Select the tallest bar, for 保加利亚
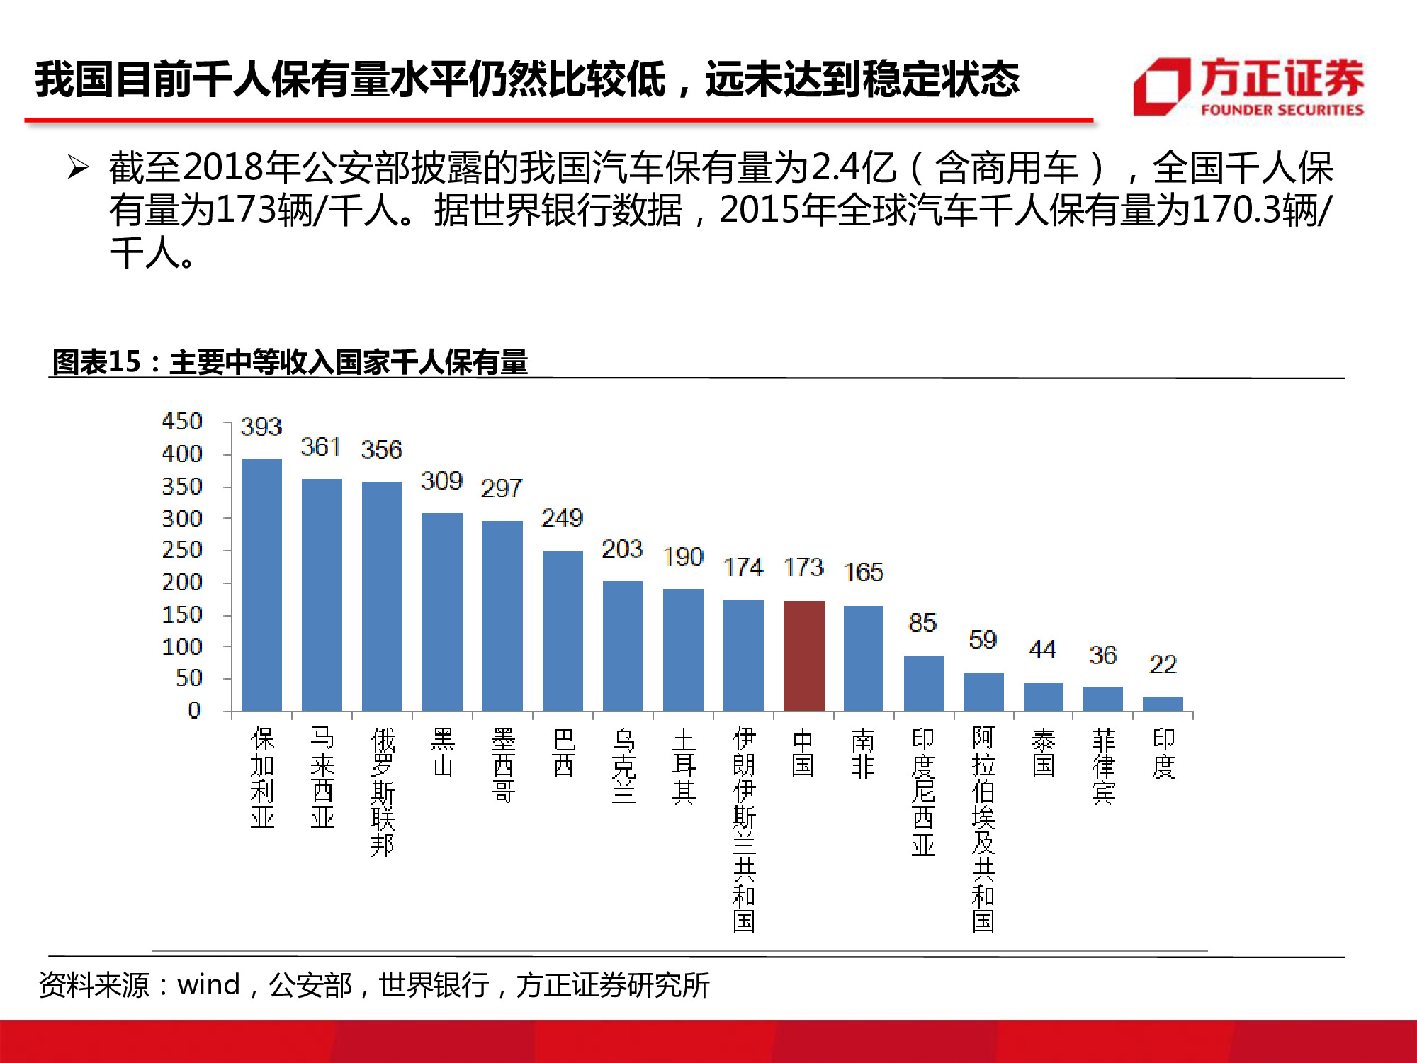click(261, 585)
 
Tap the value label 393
click(261, 427)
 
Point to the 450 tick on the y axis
click(182, 422)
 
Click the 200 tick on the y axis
click(182, 583)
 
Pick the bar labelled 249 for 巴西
click(563, 631)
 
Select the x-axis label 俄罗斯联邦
click(383, 792)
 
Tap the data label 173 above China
click(803, 567)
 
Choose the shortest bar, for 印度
click(1163, 704)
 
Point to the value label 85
click(922, 623)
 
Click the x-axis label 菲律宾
click(1103, 766)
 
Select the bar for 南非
click(864, 658)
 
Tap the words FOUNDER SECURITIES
click(1282, 110)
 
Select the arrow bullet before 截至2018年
click(78, 168)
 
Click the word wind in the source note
click(208, 985)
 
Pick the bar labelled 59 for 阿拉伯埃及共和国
click(983, 692)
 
